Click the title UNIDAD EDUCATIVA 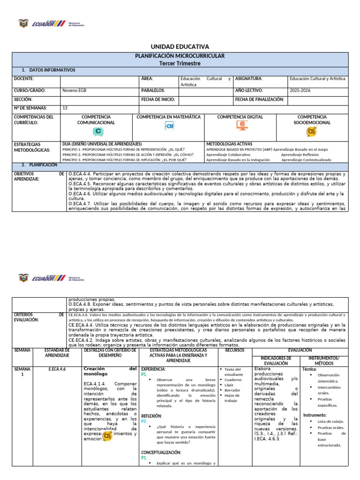[x=180, y=47]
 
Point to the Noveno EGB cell [x=74, y=90]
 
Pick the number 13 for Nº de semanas [x=65, y=108]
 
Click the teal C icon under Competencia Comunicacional [x=98, y=132]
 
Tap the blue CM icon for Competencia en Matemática [x=169, y=126]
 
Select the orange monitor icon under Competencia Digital [x=242, y=125]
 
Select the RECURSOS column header [x=234, y=350]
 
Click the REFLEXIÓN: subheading [x=151, y=416]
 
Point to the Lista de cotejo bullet [x=330, y=421]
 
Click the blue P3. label [x=144, y=421]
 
